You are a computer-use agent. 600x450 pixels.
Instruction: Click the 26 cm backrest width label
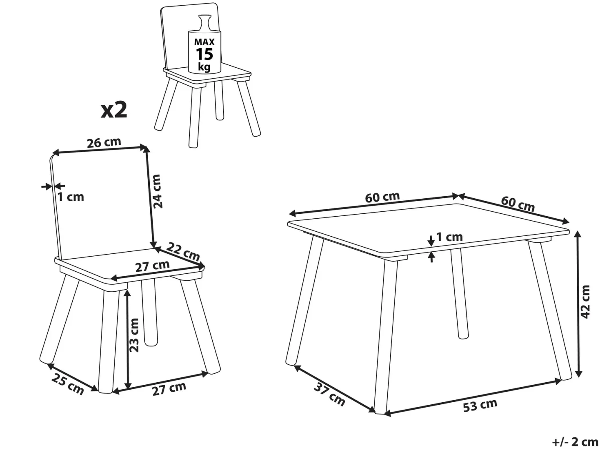click(x=104, y=143)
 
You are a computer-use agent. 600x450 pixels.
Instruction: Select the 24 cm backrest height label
click(x=157, y=191)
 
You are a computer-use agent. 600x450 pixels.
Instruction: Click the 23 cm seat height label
click(x=134, y=335)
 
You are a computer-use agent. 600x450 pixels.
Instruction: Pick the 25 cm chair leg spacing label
click(x=67, y=384)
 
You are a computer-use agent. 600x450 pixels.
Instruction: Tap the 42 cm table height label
click(x=584, y=301)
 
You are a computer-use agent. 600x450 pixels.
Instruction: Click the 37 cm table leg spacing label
click(x=329, y=395)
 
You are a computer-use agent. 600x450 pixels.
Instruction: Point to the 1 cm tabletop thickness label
click(x=449, y=237)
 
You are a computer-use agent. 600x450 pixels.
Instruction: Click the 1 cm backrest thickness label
click(x=71, y=197)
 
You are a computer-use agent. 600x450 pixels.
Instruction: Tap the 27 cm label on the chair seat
click(x=153, y=266)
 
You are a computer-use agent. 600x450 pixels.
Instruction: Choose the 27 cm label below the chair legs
click(x=169, y=388)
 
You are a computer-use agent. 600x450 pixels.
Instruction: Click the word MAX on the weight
click(x=204, y=42)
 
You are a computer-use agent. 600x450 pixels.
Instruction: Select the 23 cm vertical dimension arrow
click(x=128, y=339)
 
